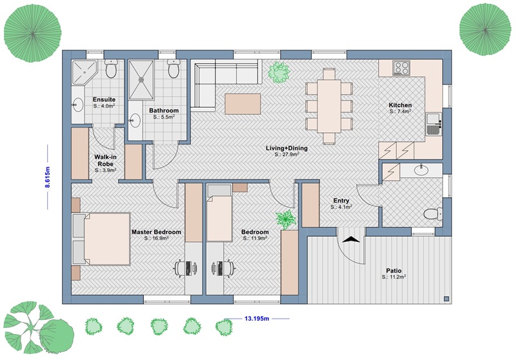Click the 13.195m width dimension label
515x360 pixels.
(x=257, y=318)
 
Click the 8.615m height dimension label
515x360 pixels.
(x=48, y=177)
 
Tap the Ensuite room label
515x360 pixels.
(x=104, y=99)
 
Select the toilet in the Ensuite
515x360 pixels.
(x=111, y=68)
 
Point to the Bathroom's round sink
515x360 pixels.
(x=135, y=121)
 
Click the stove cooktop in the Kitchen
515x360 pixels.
(x=401, y=68)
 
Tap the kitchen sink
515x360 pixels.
(x=434, y=124)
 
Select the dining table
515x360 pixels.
(x=328, y=106)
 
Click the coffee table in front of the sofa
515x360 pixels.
(x=243, y=104)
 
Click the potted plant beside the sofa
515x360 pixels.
(x=279, y=72)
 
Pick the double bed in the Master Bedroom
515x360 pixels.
(x=101, y=239)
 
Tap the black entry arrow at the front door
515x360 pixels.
(x=351, y=239)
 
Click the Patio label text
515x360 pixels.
(x=394, y=271)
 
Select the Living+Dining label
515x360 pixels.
(x=287, y=148)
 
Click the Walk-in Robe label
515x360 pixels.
(x=105, y=160)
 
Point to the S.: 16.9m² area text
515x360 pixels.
(x=156, y=238)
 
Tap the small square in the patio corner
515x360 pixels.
(x=446, y=299)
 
